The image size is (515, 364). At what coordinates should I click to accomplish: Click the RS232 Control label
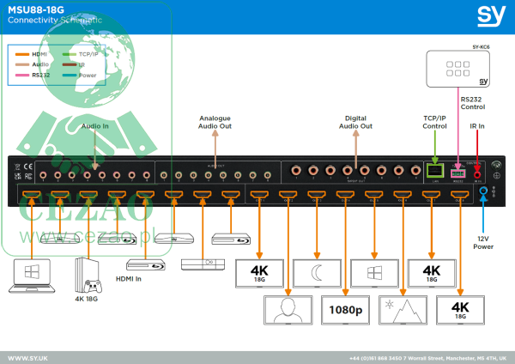pyautogui.click(x=473, y=103)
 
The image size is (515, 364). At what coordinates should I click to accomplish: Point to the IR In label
pyautogui.click(x=477, y=127)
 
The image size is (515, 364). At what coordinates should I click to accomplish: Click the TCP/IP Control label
pyautogui.click(x=435, y=121)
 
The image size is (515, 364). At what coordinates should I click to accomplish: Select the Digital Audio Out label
pyautogui.click(x=356, y=121)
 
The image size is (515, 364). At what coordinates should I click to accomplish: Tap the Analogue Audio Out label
pyautogui.click(x=215, y=121)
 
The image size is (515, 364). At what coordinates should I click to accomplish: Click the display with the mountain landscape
pyautogui.click(x=402, y=308)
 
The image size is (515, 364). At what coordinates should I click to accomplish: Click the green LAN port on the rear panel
pyautogui.click(x=435, y=169)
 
